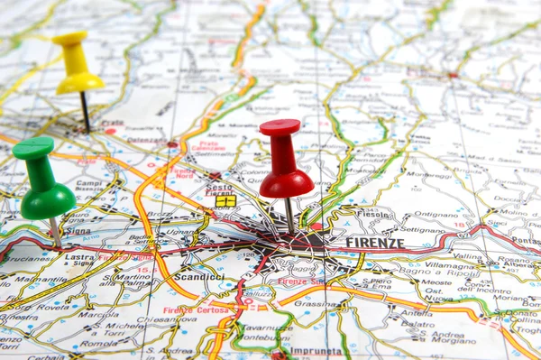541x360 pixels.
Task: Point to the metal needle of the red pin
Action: click(x=289, y=215)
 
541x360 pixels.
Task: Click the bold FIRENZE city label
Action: click(x=374, y=244)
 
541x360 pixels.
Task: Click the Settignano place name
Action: click(x=421, y=229)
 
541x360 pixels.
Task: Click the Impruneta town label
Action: click(x=315, y=352)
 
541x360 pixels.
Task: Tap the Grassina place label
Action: click(x=315, y=304)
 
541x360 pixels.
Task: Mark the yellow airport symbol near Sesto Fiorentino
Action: click(x=225, y=201)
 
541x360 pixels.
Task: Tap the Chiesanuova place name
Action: click(x=167, y=319)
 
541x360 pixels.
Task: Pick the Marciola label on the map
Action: click(x=98, y=315)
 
